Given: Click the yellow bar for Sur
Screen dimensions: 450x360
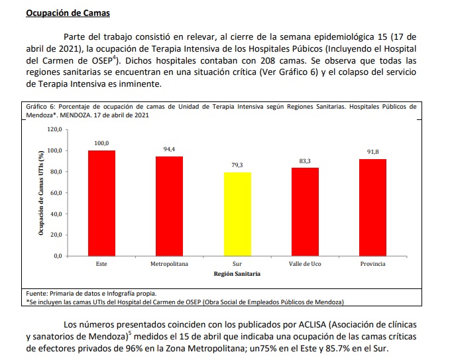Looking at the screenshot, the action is point(237,214).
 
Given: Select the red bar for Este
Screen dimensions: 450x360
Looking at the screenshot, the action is point(101,204).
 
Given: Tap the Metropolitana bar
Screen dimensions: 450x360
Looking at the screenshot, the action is point(169,206).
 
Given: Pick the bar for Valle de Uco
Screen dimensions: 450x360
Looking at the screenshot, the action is point(305,212).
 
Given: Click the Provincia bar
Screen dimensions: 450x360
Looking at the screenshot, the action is point(373,208).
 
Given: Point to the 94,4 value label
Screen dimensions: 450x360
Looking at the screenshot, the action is point(169,149).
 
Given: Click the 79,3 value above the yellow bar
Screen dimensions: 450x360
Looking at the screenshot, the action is point(237,165).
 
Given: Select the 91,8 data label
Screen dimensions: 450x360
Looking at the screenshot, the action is point(373,152).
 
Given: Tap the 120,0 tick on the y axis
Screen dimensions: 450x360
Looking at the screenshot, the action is point(54,129).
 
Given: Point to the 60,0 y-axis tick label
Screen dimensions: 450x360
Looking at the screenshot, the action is point(56,193).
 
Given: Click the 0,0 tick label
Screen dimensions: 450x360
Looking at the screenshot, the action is point(58,256).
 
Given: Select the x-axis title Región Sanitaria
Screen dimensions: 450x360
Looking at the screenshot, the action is point(237,274).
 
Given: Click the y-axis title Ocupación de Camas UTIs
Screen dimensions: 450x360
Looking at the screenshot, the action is point(41,193).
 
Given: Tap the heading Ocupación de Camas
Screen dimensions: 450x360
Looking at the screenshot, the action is point(68,13).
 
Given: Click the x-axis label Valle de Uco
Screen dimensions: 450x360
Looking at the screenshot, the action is point(305,264).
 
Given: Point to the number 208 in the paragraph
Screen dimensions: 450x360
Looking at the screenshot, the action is point(268,61).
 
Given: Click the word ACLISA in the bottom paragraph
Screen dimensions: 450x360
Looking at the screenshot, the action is point(313,325).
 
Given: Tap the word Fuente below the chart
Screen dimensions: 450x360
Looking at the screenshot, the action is point(36,294).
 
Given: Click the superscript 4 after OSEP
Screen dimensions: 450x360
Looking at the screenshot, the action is point(114,58).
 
